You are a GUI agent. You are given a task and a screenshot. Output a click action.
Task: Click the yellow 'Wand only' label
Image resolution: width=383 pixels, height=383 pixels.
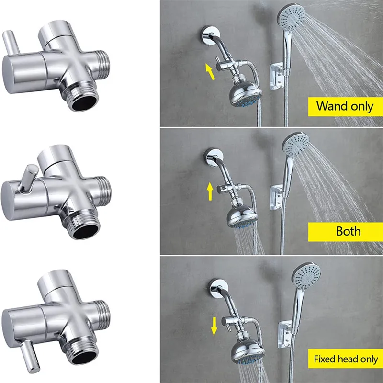click(344, 105)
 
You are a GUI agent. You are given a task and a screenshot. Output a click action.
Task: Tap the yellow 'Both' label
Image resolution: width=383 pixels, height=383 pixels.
click(348, 231)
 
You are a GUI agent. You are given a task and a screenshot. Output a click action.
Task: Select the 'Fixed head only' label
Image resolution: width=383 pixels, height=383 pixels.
click(346, 359)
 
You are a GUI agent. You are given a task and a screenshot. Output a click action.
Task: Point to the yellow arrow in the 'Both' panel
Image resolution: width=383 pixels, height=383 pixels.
click(210, 191)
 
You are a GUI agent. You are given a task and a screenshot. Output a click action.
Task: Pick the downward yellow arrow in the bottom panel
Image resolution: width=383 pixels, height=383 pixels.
click(214, 325)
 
